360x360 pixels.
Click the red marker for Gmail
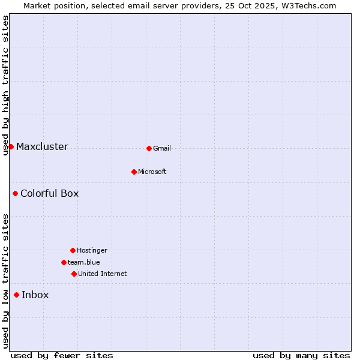pyautogui.click(x=149, y=148)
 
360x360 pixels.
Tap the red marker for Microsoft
pyautogui.click(x=134, y=172)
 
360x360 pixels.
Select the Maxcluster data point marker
pyautogui.click(x=11, y=146)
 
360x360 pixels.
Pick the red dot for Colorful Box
pyautogui.click(x=15, y=193)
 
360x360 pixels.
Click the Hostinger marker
pyautogui.click(x=73, y=250)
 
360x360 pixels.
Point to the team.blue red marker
pyautogui.click(x=64, y=262)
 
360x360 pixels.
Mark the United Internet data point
pyautogui.click(x=74, y=274)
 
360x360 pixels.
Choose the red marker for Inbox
pyautogui.click(x=16, y=295)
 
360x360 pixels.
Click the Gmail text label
pyautogui.click(x=162, y=148)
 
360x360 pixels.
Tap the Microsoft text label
pyautogui.click(x=152, y=172)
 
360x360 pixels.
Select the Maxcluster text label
pyautogui.click(x=42, y=146)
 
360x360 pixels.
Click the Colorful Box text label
pyautogui.click(x=49, y=193)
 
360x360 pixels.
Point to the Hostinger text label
pyautogui.click(x=92, y=250)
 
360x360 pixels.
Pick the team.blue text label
pyautogui.click(x=84, y=262)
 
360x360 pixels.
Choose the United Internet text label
pyautogui.click(x=103, y=274)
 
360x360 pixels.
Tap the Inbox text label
pyautogui.click(x=35, y=295)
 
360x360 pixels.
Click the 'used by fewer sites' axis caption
pyautogui.click(x=62, y=355)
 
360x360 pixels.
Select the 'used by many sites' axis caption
pyautogui.click(x=301, y=355)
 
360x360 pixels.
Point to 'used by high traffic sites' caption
pyautogui.click(x=5, y=85)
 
